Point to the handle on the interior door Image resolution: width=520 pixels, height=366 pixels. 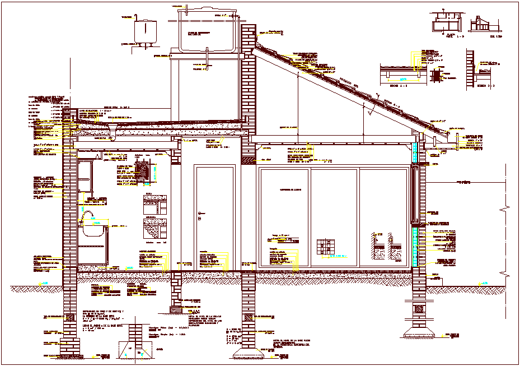click(x=200, y=214)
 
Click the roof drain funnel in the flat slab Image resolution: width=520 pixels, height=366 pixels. click(x=113, y=136)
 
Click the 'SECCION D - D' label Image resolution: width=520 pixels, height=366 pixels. click(x=485, y=86)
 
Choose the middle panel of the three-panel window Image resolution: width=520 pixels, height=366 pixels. click(x=334, y=216)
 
